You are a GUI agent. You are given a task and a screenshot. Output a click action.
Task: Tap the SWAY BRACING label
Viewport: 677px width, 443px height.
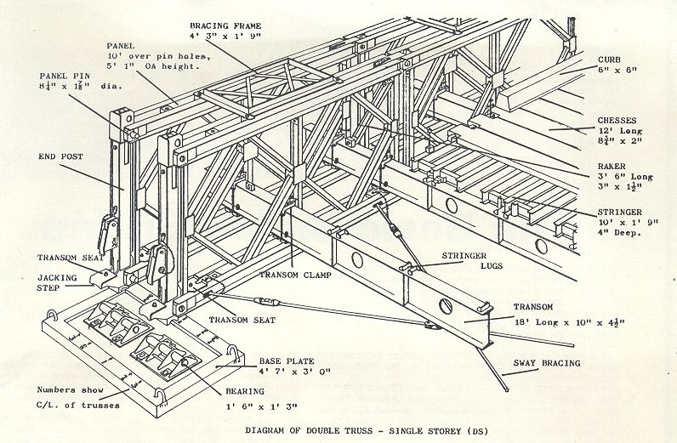(545, 363)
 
